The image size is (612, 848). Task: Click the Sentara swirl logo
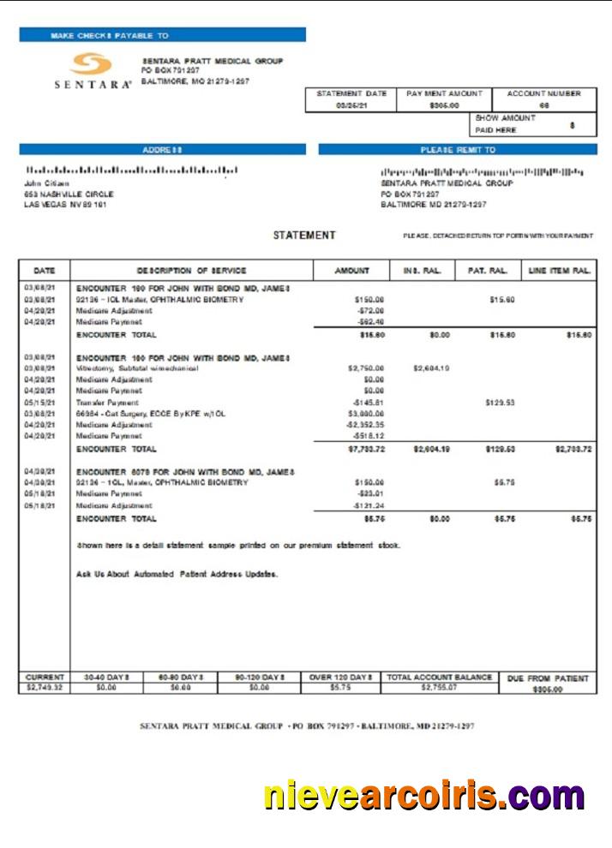(x=91, y=64)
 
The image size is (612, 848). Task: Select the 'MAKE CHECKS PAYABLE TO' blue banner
(x=162, y=35)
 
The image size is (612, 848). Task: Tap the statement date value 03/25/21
(x=351, y=105)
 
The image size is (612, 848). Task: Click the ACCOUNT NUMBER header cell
(x=543, y=93)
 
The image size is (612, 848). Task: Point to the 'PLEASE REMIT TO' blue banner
(x=457, y=149)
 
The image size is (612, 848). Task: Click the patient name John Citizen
(x=47, y=182)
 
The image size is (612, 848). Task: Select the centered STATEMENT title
(x=304, y=236)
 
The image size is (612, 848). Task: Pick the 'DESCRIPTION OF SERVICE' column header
(x=191, y=271)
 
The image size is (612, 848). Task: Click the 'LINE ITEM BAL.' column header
(x=560, y=271)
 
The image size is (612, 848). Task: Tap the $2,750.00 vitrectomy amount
(x=366, y=368)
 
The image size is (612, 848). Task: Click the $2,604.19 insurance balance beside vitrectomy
(x=431, y=368)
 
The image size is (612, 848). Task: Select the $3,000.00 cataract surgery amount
(x=366, y=413)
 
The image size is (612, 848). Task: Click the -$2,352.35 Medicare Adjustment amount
(x=364, y=424)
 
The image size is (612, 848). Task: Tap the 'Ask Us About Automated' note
(x=177, y=574)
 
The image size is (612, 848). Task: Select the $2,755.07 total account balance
(x=439, y=687)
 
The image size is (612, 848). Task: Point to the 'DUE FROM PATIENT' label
(x=548, y=678)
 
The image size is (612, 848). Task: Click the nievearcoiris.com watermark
(x=424, y=796)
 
